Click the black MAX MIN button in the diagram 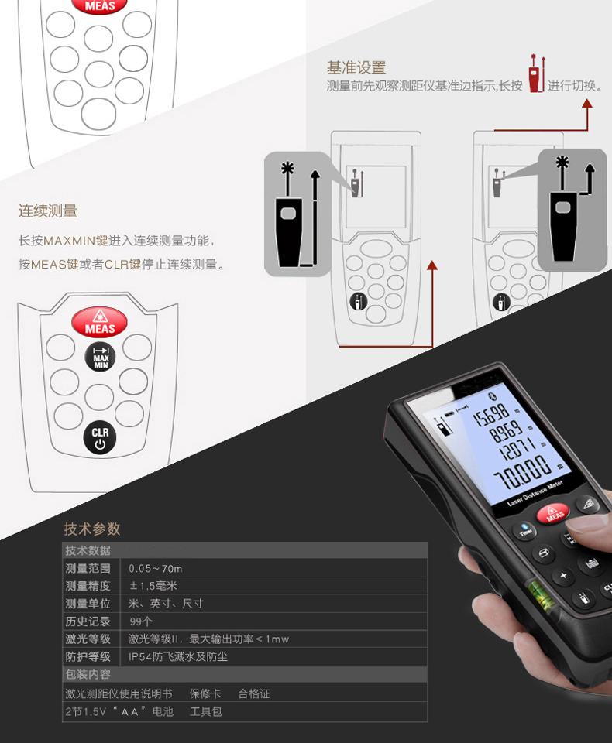click(100, 357)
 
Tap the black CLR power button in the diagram click(100, 438)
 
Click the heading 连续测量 click(48, 211)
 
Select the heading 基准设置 click(356, 68)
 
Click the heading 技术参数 click(92, 529)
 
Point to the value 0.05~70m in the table click(155, 569)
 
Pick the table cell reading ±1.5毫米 click(153, 586)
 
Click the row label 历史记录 click(88, 621)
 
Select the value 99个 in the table click(141, 621)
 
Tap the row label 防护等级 click(88, 657)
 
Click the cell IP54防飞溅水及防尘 click(178, 657)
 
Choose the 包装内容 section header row click(245, 674)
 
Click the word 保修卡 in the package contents click(205, 693)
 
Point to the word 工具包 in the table click(206, 711)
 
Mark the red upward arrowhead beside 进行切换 click(587, 103)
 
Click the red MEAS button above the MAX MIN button click(100, 322)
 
